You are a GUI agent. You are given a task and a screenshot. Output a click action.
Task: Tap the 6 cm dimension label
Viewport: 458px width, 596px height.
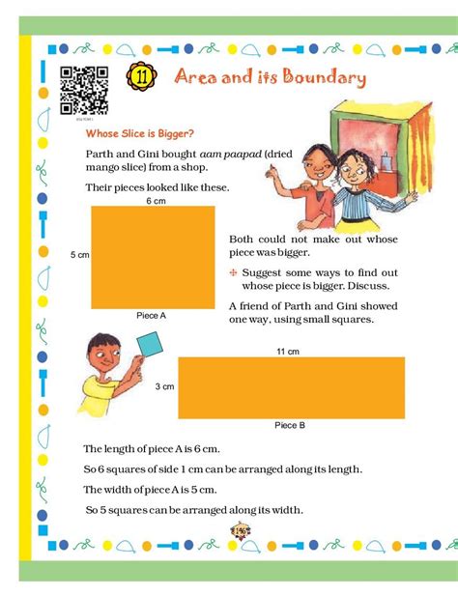pyautogui.click(x=155, y=200)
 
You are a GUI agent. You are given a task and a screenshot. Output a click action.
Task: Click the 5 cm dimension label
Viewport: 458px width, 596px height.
pyautogui.click(x=79, y=254)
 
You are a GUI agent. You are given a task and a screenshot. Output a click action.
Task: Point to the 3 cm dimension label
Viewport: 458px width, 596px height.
pyautogui.click(x=165, y=386)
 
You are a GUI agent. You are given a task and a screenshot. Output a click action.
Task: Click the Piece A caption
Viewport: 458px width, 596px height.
pyautogui.click(x=152, y=315)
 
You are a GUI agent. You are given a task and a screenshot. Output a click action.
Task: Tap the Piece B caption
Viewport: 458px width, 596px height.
pyautogui.click(x=290, y=425)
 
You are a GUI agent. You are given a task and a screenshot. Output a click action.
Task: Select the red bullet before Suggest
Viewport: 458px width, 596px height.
pyautogui.click(x=234, y=272)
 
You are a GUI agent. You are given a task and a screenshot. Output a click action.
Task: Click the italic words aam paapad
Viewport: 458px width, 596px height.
pyautogui.click(x=265, y=155)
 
